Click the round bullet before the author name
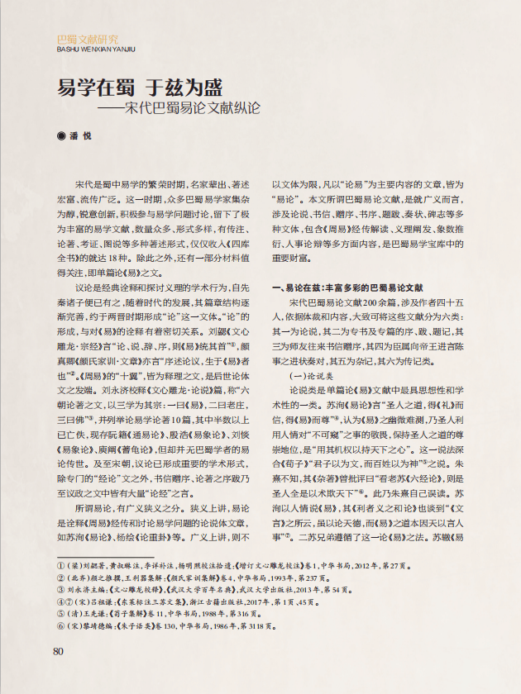coord(60,135)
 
